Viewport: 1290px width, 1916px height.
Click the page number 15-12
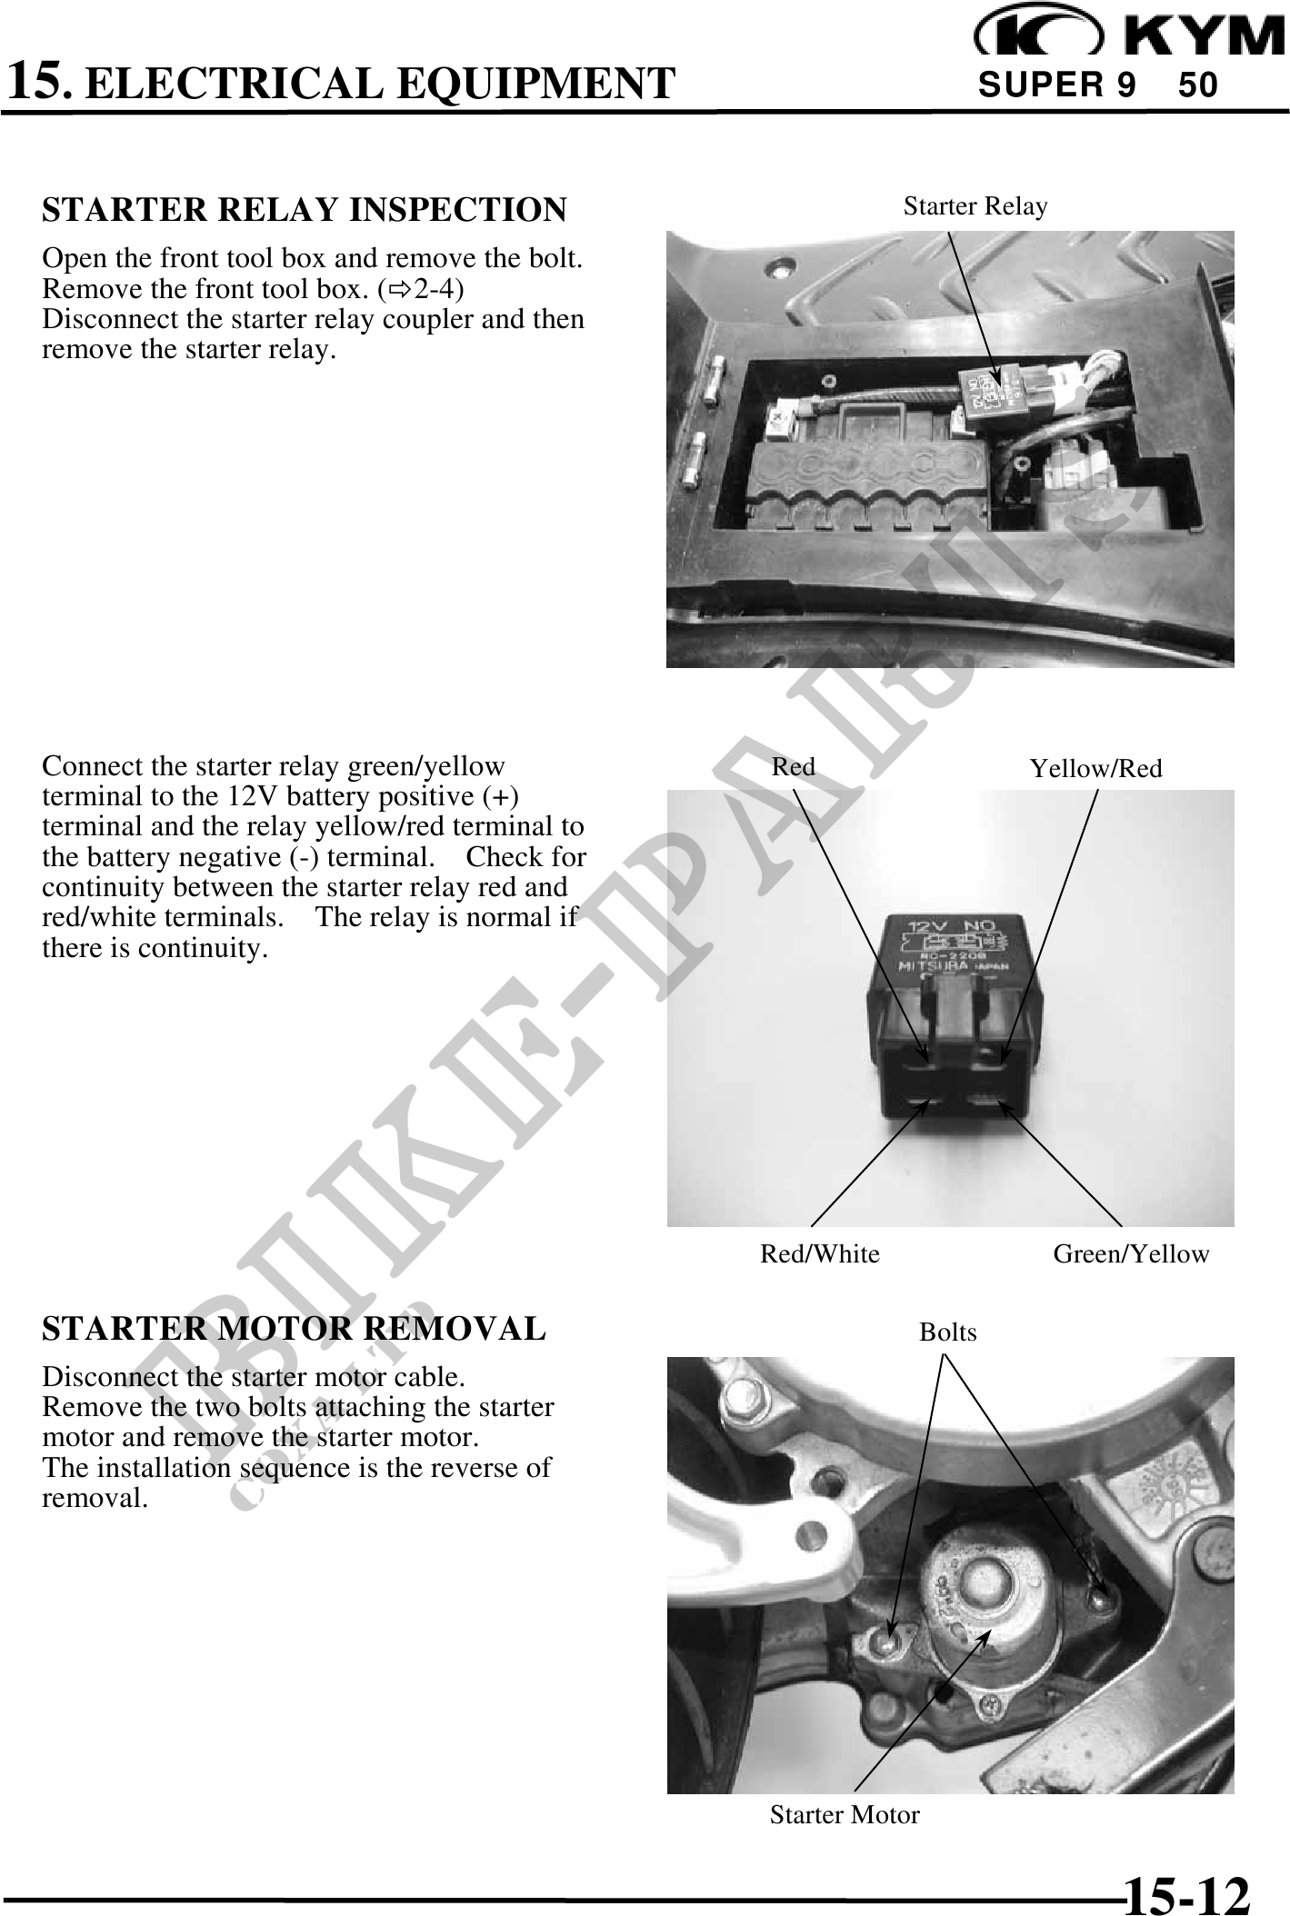(1186, 1891)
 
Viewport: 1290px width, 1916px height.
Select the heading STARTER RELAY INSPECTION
(304, 210)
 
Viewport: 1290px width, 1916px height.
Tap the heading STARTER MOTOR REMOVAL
(294, 1329)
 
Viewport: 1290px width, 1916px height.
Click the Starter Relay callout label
(975, 207)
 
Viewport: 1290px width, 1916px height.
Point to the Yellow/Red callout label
(1095, 770)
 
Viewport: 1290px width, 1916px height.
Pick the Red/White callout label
(819, 1254)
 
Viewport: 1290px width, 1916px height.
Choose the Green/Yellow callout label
(1131, 1254)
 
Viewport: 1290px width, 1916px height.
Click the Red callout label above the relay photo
(793, 767)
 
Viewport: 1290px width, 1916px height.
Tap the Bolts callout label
(947, 1332)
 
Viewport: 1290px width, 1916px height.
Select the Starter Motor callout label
(844, 1815)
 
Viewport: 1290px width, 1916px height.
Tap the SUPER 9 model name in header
(1056, 85)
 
